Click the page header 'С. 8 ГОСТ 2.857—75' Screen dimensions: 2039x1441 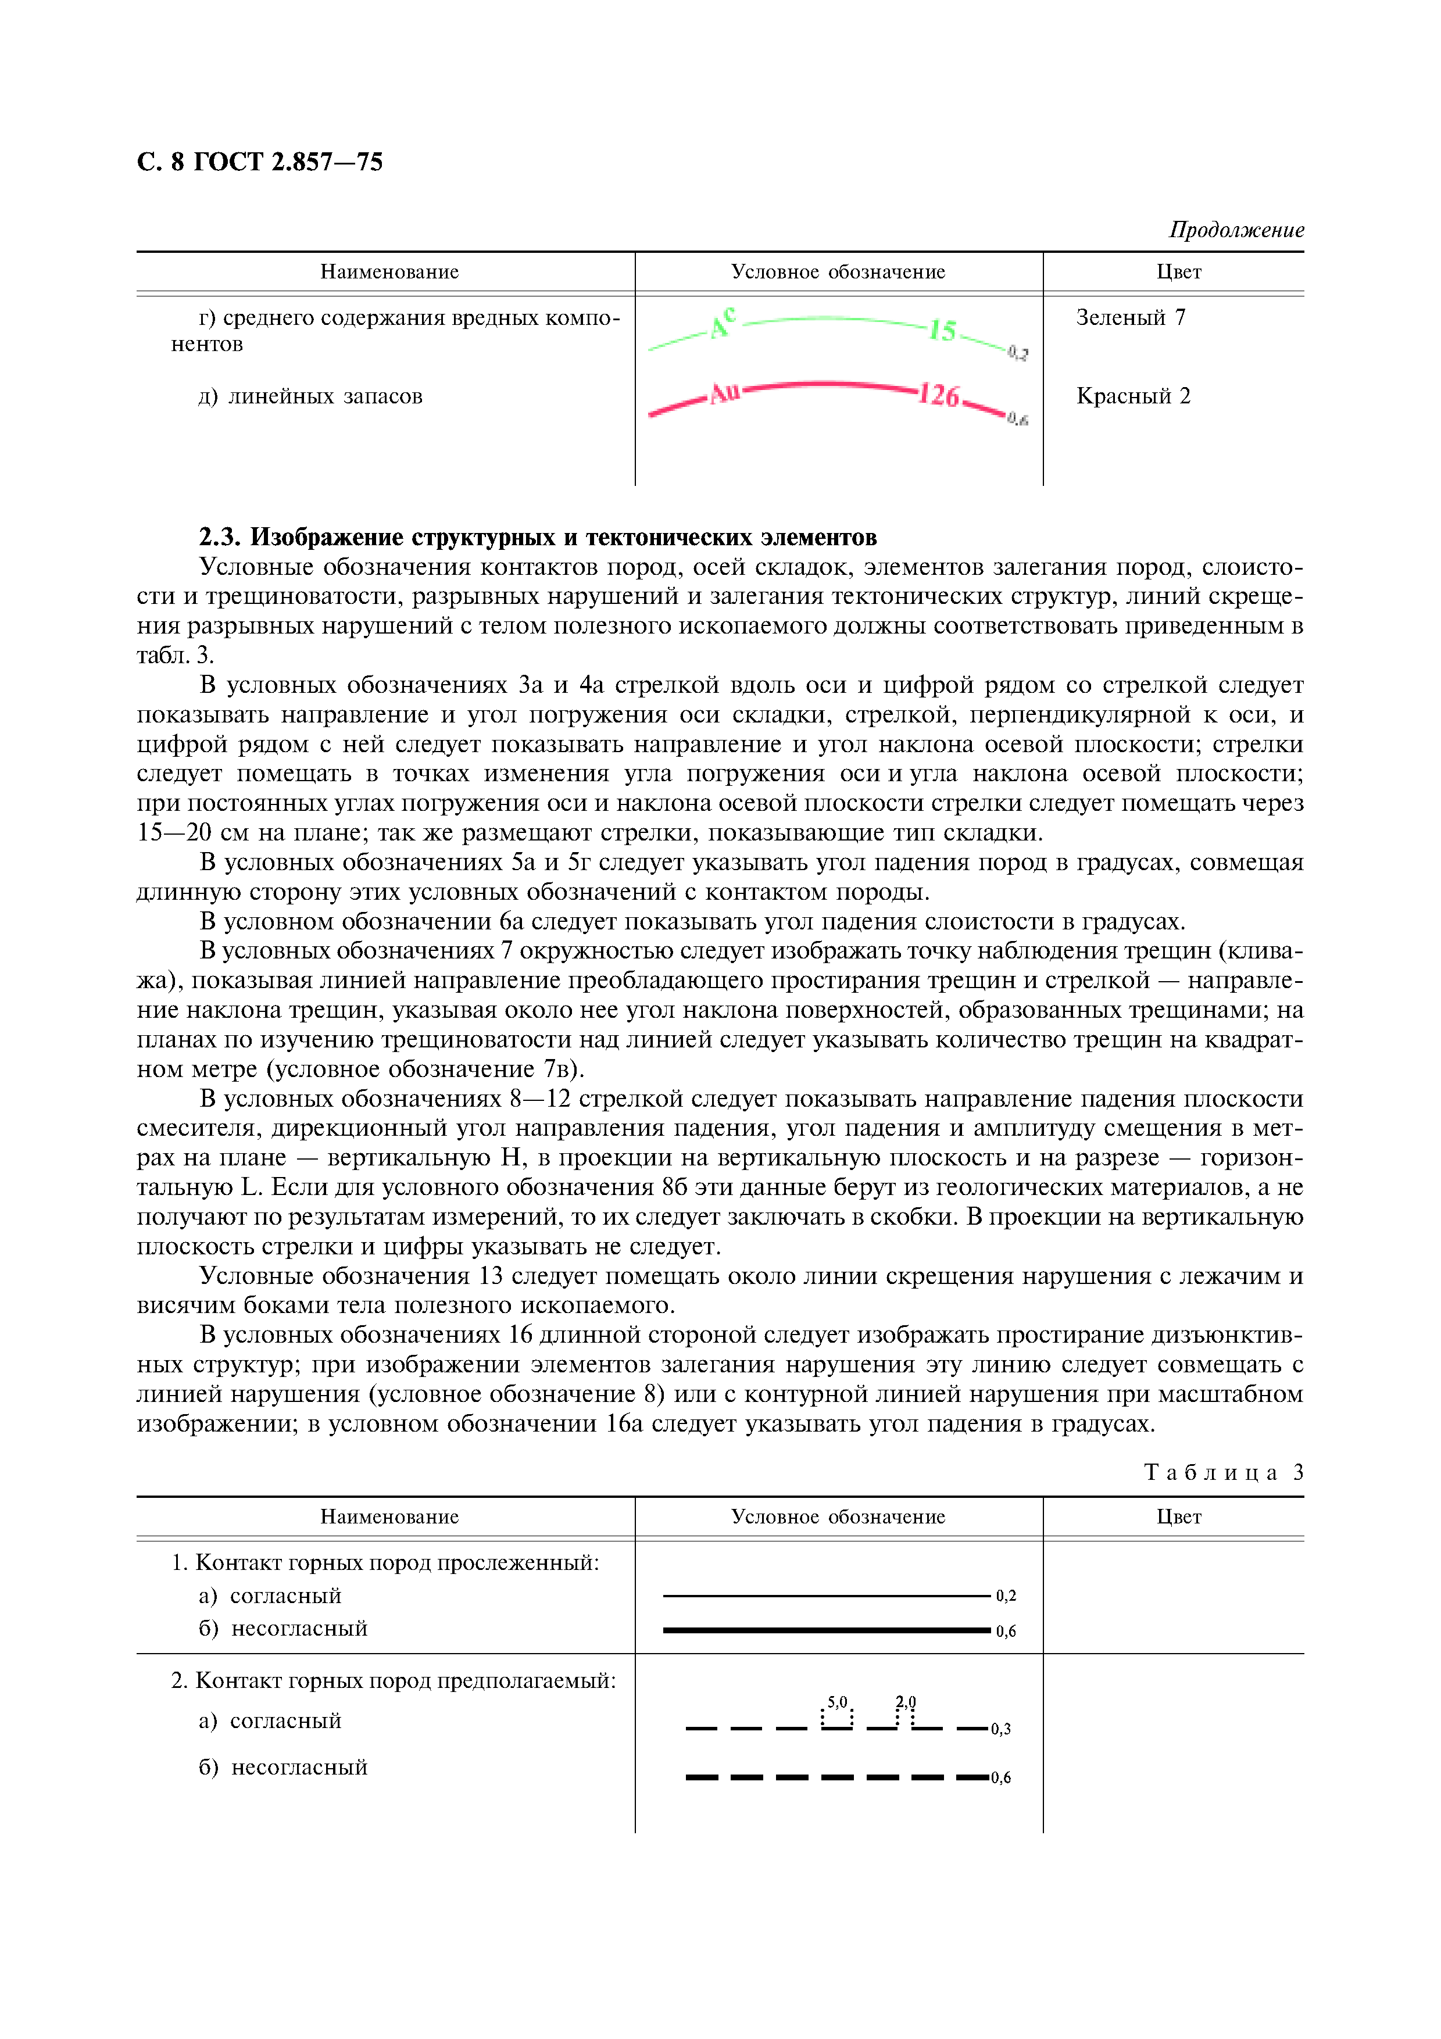(259, 162)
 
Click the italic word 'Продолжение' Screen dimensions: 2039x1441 (1236, 230)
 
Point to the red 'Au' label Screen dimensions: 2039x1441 (724, 392)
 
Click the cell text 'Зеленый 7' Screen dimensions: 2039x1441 (1130, 317)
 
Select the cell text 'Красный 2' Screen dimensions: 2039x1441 (1133, 396)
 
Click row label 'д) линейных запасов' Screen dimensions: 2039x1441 (310, 396)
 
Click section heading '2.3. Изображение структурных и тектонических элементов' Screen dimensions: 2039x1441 (537, 537)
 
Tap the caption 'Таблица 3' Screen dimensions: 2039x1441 (1224, 1472)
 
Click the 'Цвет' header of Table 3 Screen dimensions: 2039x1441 (1178, 1517)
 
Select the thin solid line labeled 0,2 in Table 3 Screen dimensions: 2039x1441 (825, 1596)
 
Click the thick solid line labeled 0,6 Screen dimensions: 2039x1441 (825, 1630)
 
